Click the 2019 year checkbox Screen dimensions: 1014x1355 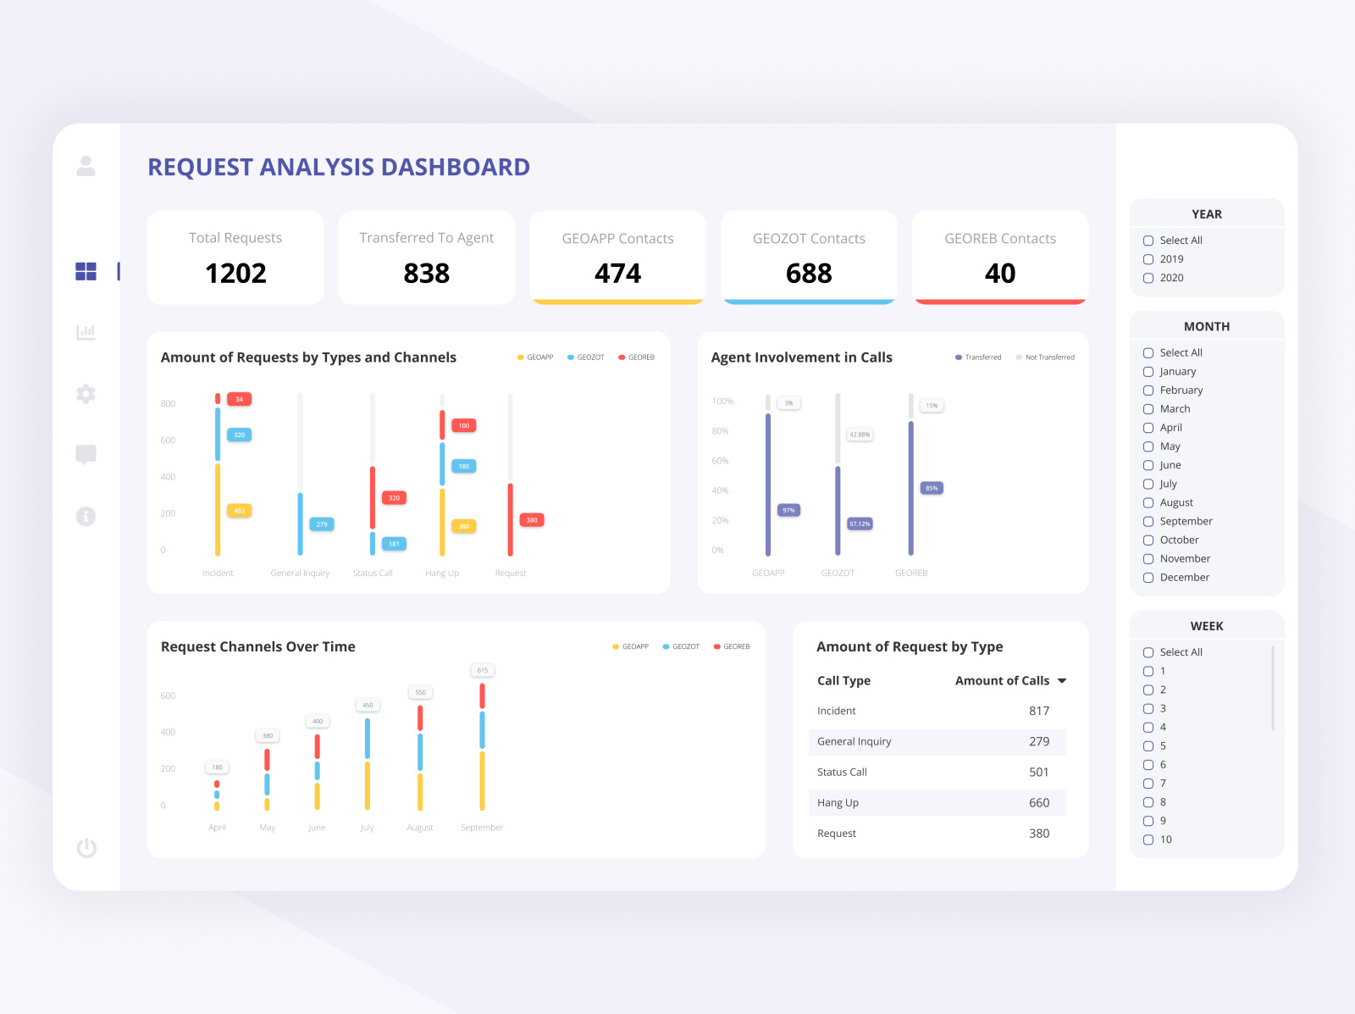[1148, 259]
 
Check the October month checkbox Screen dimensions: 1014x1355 [1148, 540]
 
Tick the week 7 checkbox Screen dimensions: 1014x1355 [1148, 784]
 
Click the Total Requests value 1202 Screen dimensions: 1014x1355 [235, 274]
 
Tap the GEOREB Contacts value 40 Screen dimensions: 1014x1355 [999, 274]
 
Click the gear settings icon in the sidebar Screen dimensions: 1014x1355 [86, 394]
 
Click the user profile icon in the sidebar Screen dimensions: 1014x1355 [86, 166]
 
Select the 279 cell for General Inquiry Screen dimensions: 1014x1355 [1038, 741]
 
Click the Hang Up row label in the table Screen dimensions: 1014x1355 [838, 803]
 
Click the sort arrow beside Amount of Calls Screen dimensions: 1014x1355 [1062, 681]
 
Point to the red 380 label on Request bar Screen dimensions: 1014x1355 [531, 520]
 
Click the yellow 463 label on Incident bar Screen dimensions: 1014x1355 [239, 511]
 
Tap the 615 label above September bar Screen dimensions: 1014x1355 [482, 670]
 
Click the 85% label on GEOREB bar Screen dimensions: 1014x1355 [932, 488]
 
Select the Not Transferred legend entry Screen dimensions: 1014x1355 [1048, 357]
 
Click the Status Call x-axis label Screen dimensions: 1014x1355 [373, 573]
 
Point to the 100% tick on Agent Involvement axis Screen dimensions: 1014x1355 [722, 402]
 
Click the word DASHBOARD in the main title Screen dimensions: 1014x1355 [455, 168]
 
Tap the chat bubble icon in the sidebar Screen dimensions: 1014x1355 [86, 455]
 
